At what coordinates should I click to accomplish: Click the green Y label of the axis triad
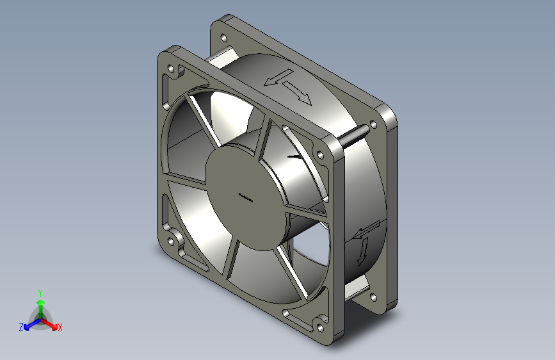(40, 293)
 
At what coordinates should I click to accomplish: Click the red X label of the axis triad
(60, 327)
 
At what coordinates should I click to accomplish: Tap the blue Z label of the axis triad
(21, 327)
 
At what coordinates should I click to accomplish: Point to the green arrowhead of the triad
(41, 302)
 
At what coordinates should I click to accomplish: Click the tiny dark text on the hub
(246, 198)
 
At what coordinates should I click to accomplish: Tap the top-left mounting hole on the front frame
(171, 67)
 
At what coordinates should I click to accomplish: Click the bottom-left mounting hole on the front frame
(171, 241)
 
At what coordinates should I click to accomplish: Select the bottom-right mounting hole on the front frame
(320, 328)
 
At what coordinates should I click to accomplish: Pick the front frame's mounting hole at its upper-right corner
(320, 155)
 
